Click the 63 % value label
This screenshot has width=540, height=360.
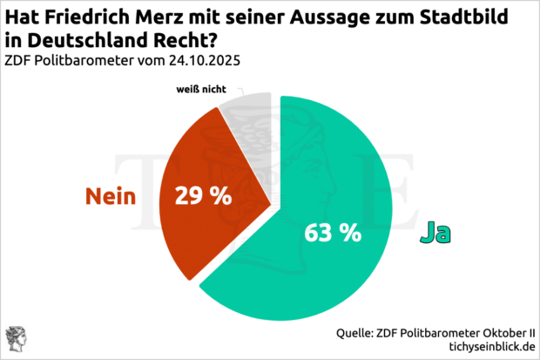click(x=333, y=233)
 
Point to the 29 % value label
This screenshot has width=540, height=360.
click(x=203, y=196)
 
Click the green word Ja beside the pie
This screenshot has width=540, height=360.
click(x=438, y=233)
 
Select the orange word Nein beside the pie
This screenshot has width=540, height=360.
click(x=111, y=196)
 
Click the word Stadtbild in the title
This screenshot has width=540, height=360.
click(x=489, y=17)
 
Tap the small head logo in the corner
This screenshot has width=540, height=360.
click(x=15, y=338)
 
